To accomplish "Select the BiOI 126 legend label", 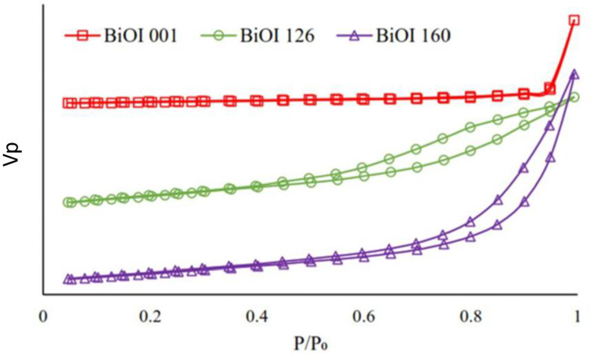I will tap(277, 36).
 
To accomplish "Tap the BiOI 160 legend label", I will tap(413, 36).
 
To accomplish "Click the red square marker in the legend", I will tap(82, 35).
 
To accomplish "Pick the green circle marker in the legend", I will tap(219, 35).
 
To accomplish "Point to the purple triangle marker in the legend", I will tap(354, 36).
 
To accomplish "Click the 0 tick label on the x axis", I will tap(43, 316).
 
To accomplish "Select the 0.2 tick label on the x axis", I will tap(150, 316).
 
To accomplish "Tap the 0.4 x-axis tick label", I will tap(257, 316).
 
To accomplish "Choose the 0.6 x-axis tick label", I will tap(364, 316).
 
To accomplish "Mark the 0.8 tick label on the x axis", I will tap(471, 316).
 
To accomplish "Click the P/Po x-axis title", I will tap(311, 343).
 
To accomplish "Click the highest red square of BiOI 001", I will tap(574, 20).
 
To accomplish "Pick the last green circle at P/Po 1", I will tap(574, 98).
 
